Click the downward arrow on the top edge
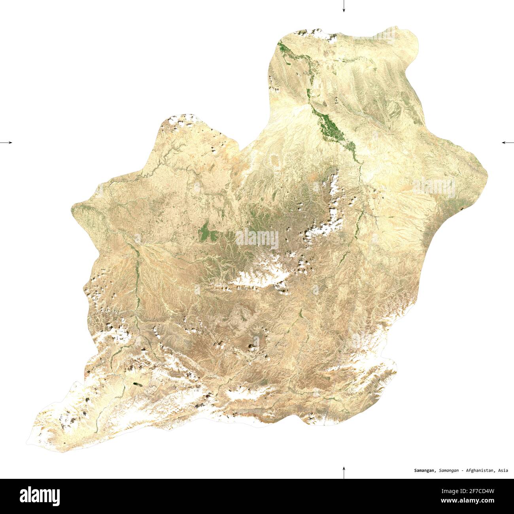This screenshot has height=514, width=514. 344,6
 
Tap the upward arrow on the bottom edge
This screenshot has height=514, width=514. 344,472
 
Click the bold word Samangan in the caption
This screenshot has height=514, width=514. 425,471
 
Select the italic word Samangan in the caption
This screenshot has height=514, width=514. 449,471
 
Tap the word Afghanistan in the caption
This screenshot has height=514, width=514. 480,471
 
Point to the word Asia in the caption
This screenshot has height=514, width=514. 503,471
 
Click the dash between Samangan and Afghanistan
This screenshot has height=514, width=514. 462,471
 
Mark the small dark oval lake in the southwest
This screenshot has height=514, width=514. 137,384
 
